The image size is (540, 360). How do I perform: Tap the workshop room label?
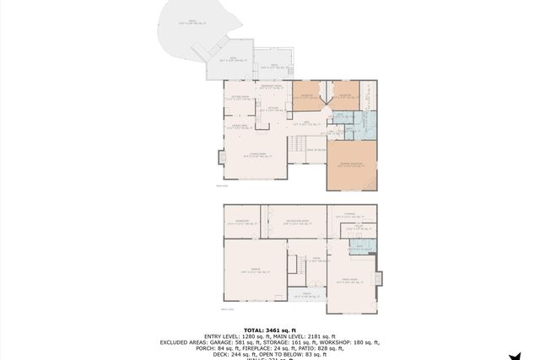(240, 221)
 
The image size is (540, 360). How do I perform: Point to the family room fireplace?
(379, 277)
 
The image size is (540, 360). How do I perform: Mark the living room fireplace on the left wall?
(221, 157)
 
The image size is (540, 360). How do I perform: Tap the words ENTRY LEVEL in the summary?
(211, 336)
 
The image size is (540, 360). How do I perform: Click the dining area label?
(240, 127)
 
